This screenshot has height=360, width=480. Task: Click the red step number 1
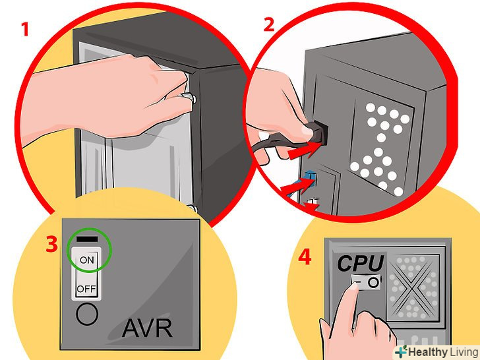click(25, 30)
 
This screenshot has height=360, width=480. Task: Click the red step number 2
click(269, 24)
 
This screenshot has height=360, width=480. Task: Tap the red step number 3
click(51, 244)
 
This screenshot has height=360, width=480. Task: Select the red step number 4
click(305, 257)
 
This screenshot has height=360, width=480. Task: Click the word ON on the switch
click(86, 260)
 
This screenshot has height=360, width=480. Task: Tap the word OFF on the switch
click(86, 289)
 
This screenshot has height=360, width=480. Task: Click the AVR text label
click(147, 328)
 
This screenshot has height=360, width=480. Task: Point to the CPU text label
click(361, 263)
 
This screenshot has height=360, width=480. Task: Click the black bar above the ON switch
click(87, 239)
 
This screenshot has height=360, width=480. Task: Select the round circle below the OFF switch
click(87, 314)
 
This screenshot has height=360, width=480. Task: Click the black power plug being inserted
click(317, 132)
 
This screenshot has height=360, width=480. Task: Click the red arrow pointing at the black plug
click(305, 150)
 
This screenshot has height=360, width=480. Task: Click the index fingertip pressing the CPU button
click(354, 287)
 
